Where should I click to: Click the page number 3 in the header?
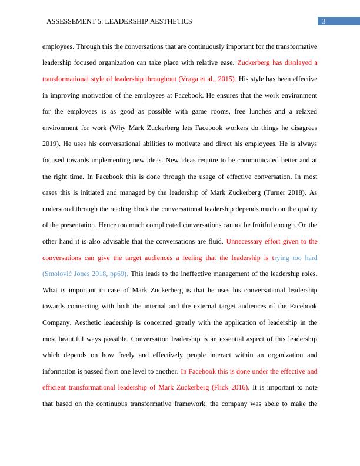click(x=324, y=22)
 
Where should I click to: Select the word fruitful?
click(x=252, y=225)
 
